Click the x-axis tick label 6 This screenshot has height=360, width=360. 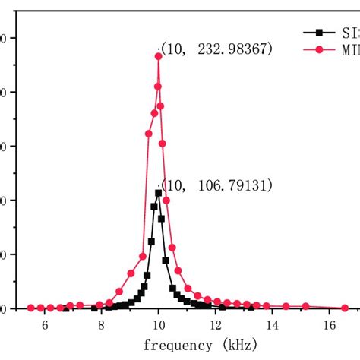point(45,325)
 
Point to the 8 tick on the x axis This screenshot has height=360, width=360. point(101,325)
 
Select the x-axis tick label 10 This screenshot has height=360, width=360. point(158,325)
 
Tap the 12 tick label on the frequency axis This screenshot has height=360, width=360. point(216,325)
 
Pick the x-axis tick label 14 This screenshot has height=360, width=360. point(273,325)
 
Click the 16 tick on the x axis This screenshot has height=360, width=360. point(330,325)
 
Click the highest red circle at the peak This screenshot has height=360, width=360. point(159,55)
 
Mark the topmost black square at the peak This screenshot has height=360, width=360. point(159,193)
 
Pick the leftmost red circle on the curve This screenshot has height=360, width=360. point(31,308)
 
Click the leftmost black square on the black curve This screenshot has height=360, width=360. point(65,308)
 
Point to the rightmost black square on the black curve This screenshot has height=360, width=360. point(251,308)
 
